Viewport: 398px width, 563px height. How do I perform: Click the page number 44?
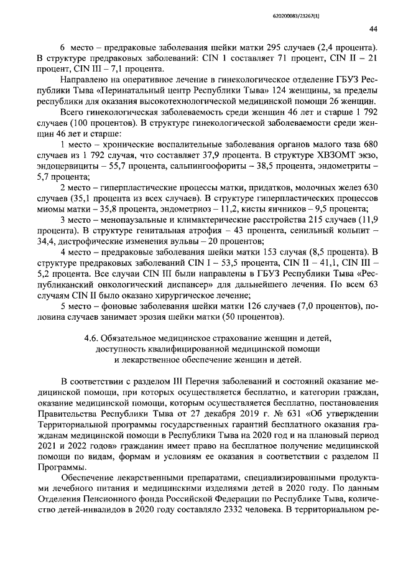(x=373, y=29)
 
